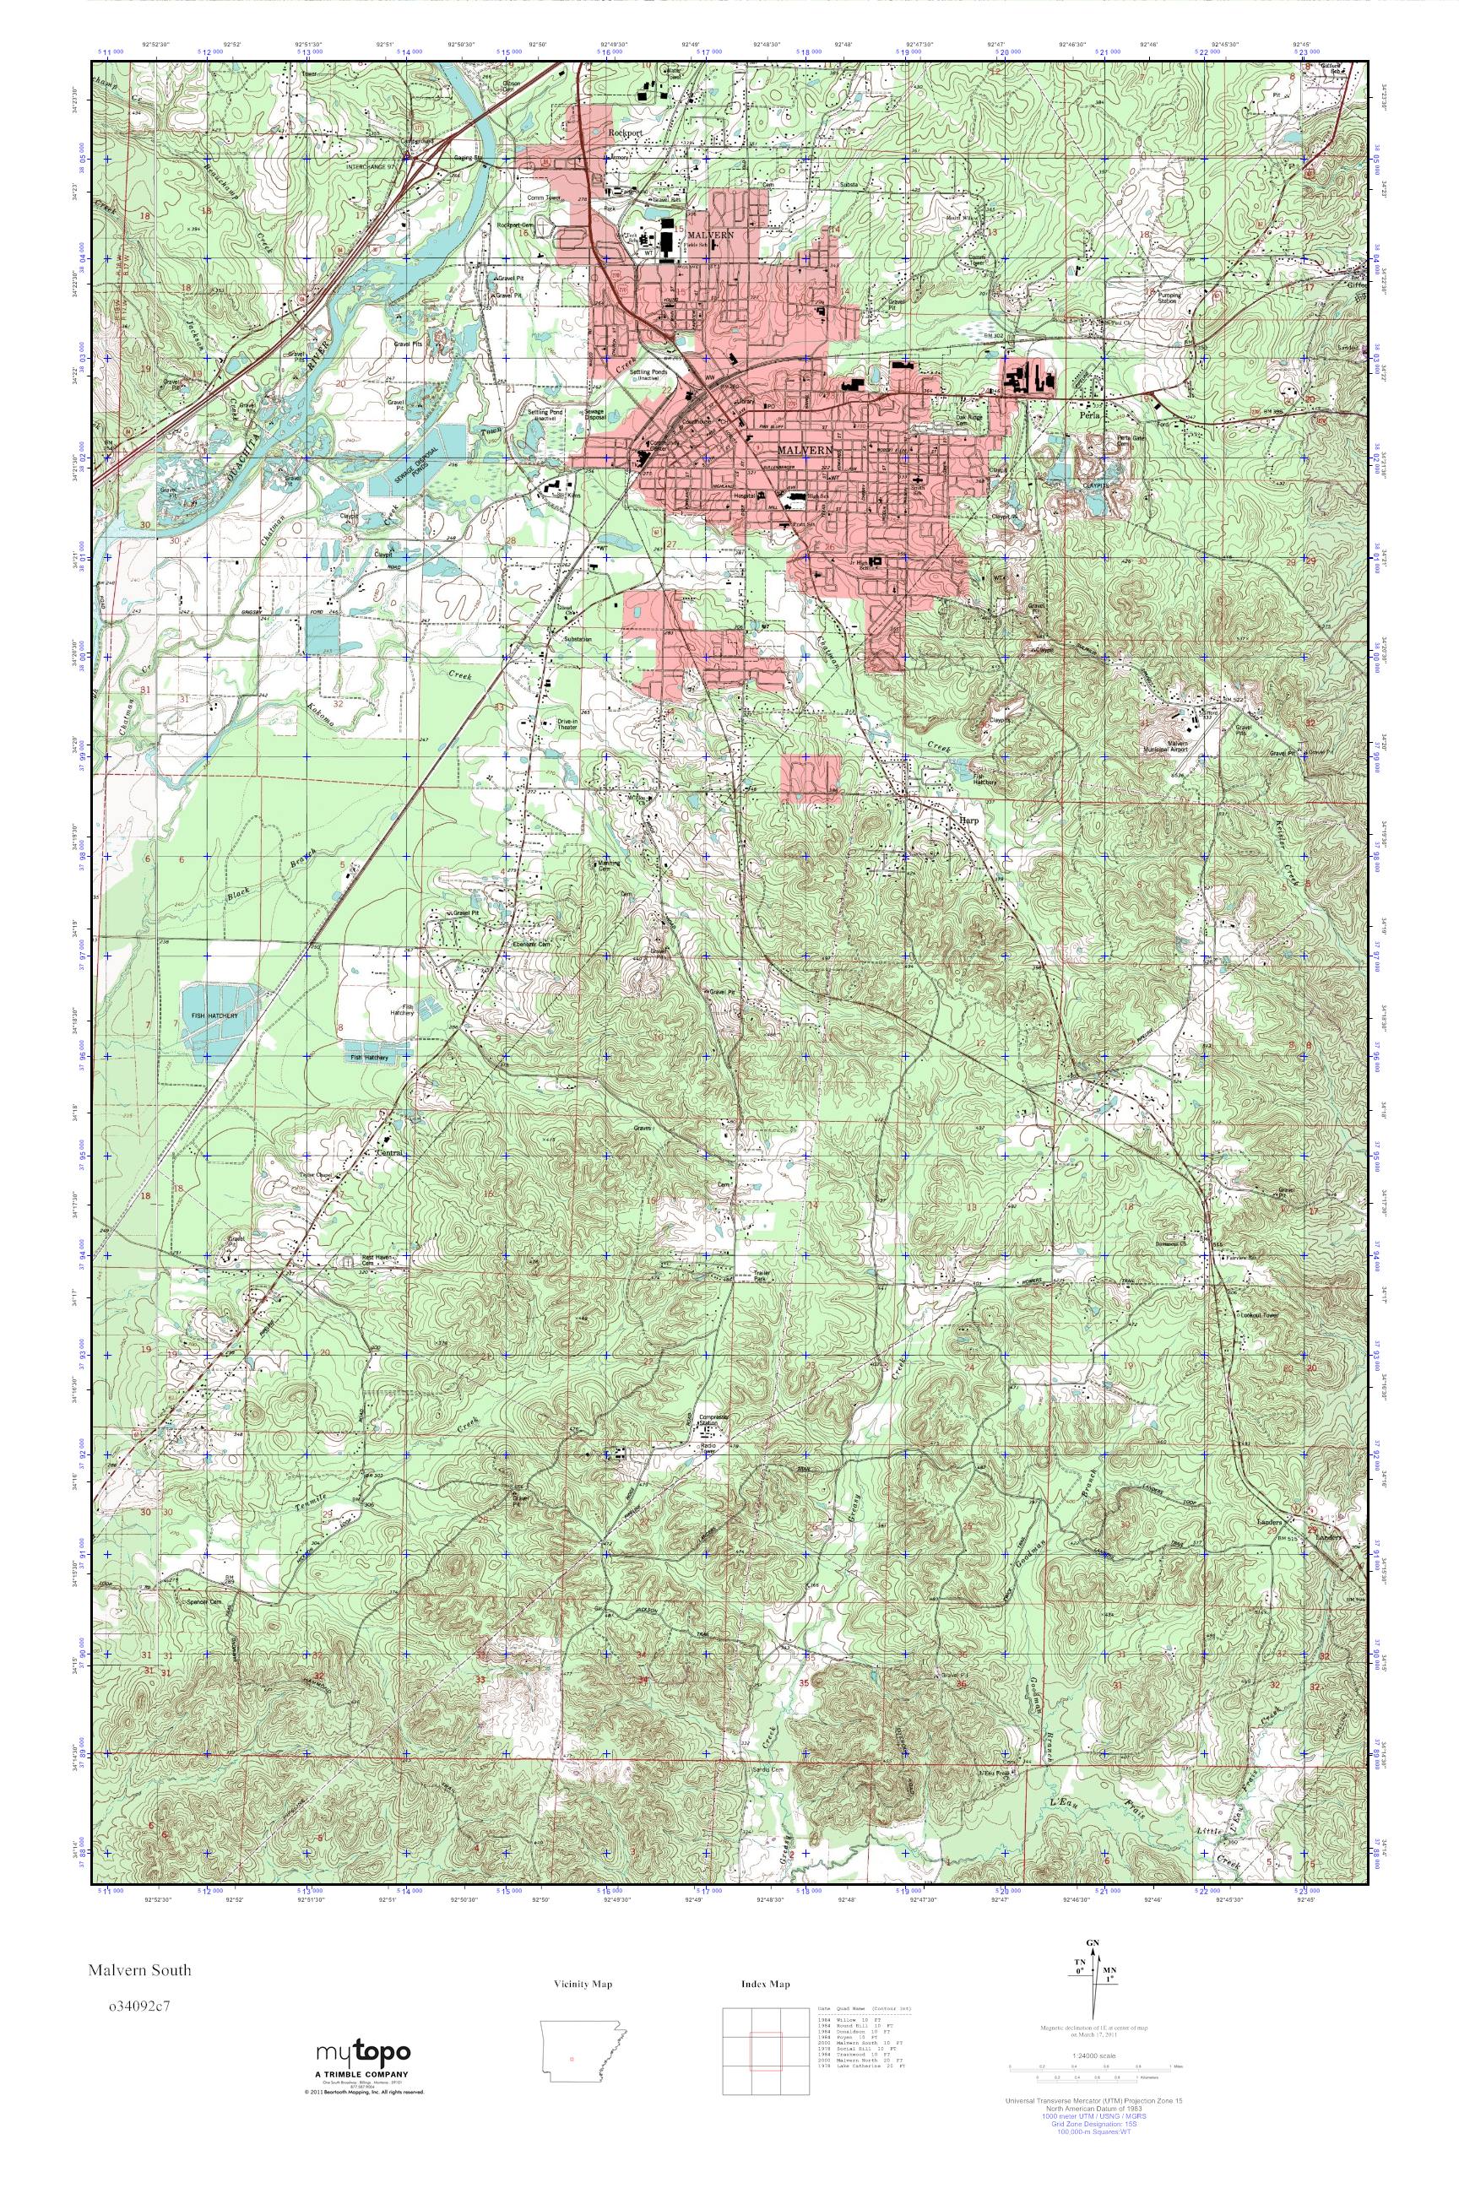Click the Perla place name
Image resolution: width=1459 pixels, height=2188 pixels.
pyautogui.click(x=1091, y=418)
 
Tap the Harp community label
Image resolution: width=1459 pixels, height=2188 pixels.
pyautogui.click(x=968, y=820)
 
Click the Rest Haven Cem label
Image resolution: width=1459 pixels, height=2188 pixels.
pyautogui.click(x=372, y=1262)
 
